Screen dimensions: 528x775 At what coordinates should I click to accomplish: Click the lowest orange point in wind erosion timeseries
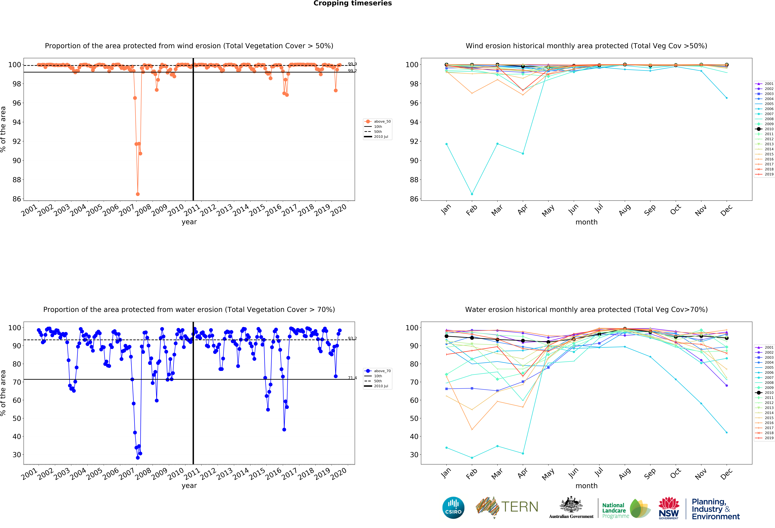coord(138,194)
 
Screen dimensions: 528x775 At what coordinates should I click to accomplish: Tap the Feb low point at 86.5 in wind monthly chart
coord(472,194)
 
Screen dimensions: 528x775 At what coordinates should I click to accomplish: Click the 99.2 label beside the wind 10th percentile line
coord(352,71)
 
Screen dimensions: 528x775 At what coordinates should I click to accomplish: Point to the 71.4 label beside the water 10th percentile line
coord(352,378)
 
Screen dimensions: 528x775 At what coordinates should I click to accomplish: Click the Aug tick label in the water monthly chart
coord(625,473)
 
